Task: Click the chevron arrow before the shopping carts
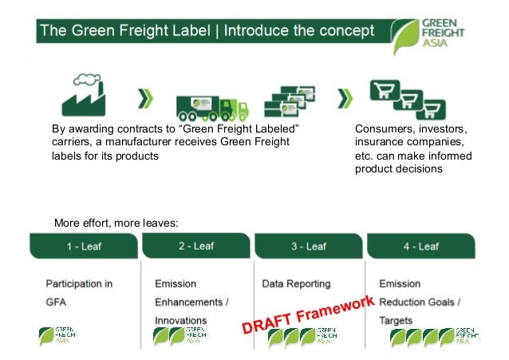tap(344, 99)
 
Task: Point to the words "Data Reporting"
tap(296, 283)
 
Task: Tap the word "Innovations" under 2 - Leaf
tap(181, 320)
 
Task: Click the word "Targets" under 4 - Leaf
tap(397, 320)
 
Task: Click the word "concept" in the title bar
tap(342, 32)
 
